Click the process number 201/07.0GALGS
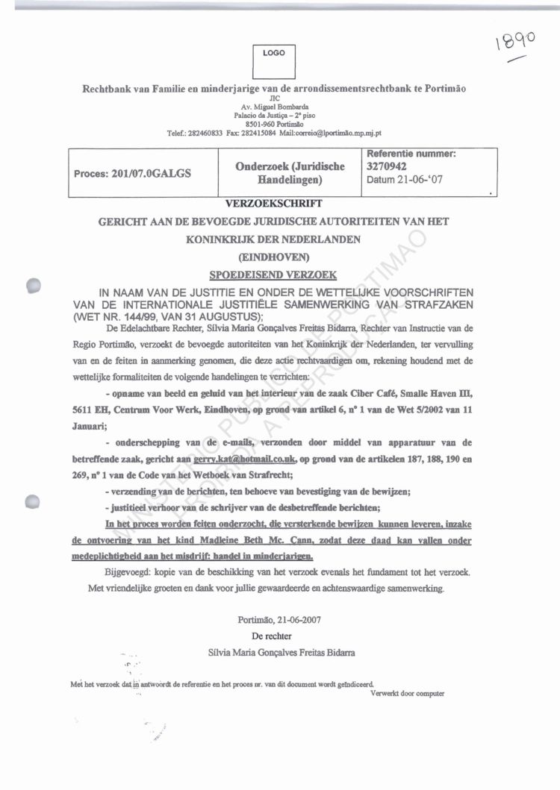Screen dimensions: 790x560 pos(133,173)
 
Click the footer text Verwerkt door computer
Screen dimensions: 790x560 pos(407,692)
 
